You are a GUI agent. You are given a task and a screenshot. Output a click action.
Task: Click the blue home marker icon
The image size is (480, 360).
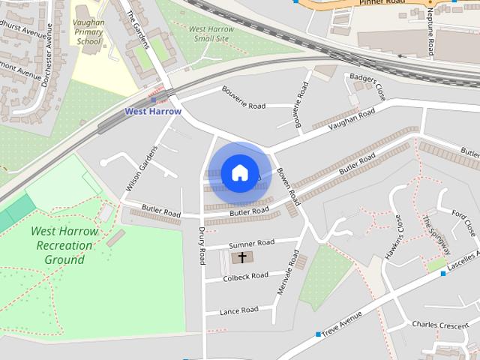239,173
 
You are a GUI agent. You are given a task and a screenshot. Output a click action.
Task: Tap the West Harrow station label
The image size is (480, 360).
153,112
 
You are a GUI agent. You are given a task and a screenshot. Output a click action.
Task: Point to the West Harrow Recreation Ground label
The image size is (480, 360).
64,245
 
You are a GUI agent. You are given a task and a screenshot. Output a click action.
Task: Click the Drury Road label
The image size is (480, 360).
201,247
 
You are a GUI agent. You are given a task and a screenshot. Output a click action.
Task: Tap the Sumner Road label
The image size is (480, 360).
251,244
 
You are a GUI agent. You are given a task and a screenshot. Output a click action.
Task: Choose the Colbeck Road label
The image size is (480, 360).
246,276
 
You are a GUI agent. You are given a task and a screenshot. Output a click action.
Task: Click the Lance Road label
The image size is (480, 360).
238,310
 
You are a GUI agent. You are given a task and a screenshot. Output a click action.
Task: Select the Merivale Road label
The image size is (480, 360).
286,271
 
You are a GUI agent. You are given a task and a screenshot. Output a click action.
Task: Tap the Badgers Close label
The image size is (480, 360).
367,87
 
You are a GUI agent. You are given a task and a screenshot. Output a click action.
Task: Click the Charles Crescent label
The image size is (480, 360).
440,325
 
